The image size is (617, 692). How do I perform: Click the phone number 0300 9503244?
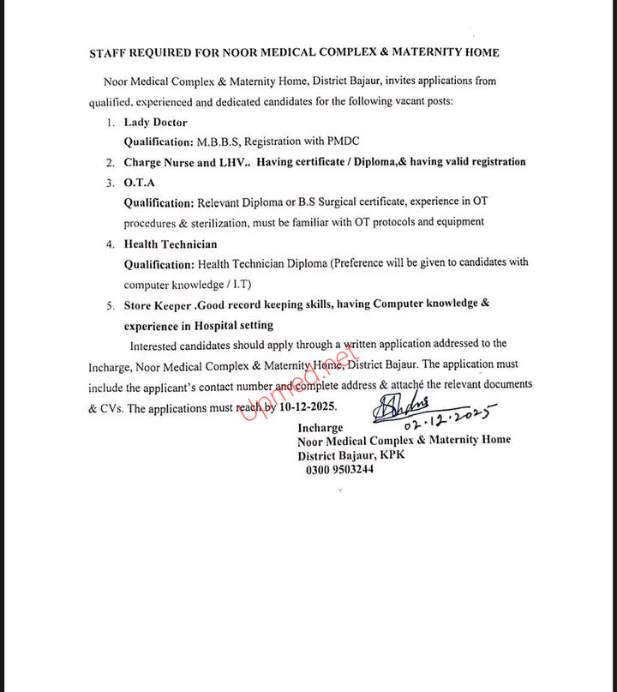340,469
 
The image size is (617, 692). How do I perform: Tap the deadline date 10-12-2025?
307,406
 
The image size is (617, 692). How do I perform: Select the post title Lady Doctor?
155,123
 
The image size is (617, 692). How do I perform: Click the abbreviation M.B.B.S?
221,141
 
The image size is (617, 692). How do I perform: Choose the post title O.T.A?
140,183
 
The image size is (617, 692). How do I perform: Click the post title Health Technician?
171,244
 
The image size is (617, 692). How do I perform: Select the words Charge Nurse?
159,162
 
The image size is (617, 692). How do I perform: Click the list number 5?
110,305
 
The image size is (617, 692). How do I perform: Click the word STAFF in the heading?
109,52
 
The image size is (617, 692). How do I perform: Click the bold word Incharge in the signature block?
320,428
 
